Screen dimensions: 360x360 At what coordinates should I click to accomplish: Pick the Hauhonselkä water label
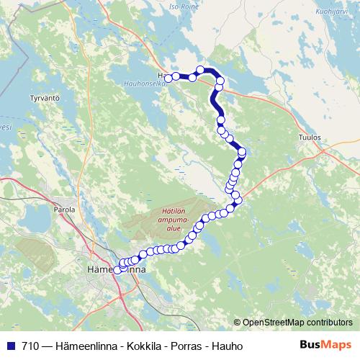[x=167, y=85]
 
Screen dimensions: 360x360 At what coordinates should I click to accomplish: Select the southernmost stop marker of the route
[x=117, y=270]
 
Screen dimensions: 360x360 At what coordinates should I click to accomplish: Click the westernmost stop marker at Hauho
[x=168, y=78]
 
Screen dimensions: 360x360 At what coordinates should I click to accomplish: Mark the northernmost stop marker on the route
[x=200, y=69]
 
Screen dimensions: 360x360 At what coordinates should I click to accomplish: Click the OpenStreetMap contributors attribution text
[x=299, y=322]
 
